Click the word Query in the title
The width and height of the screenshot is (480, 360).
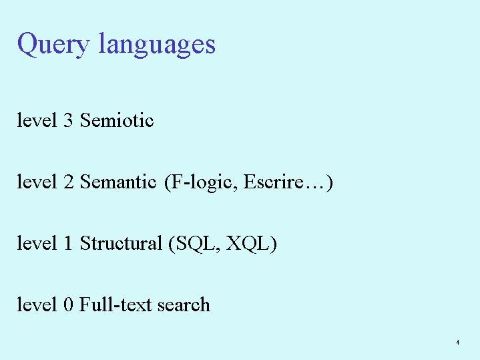click(53, 45)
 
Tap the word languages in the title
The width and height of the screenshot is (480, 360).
click(157, 45)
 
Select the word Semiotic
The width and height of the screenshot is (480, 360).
click(117, 120)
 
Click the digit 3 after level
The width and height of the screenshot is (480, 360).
click(68, 120)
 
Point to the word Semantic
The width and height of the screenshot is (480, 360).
click(118, 182)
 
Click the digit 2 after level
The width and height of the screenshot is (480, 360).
click(68, 182)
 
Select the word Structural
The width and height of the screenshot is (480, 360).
click(121, 243)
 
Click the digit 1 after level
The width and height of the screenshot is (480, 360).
click(68, 243)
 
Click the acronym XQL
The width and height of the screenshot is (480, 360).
click(248, 244)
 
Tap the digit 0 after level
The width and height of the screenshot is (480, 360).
click(68, 305)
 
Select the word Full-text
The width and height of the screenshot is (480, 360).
click(115, 305)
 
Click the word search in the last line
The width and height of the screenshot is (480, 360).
click(184, 305)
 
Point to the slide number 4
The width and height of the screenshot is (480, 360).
click(458, 342)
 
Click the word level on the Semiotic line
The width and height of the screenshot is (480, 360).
click(37, 120)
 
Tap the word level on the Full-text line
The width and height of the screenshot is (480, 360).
click(37, 305)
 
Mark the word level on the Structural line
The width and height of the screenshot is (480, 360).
click(37, 243)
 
